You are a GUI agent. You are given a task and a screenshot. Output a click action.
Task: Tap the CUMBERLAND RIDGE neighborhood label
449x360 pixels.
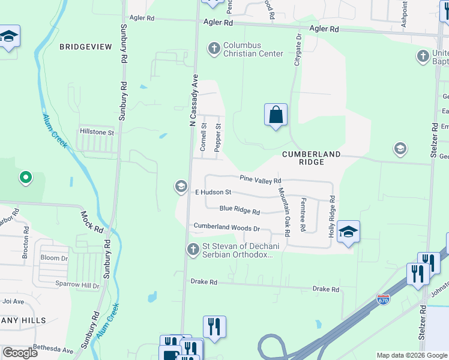311,158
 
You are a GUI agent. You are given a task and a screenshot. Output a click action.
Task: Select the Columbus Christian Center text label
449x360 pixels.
253,49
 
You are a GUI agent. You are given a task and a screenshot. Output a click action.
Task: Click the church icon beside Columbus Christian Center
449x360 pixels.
214,47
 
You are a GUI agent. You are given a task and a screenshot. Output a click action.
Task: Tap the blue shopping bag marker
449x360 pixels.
276,115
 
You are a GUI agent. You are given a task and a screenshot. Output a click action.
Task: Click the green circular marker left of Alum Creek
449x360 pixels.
25,177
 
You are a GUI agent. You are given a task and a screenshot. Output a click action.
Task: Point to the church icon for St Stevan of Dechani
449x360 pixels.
193,248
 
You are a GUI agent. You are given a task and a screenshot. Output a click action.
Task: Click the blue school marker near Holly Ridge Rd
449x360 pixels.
348,232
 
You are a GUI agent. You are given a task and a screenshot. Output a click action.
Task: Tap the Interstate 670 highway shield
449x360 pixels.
382,298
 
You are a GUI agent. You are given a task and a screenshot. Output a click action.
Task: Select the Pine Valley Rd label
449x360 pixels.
261,179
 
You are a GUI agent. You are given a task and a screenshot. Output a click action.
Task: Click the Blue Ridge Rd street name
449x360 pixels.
240,211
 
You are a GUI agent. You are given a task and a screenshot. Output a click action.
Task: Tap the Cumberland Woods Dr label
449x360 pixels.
226,228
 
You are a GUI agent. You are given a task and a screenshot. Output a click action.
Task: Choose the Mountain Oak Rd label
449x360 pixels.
283,211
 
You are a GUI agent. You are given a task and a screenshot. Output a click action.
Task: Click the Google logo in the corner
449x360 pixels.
20,352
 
